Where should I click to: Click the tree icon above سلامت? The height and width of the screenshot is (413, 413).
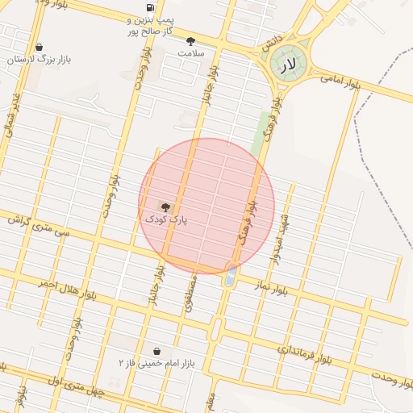[x=190, y=41]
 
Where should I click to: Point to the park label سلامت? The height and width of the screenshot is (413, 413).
[x=192, y=53]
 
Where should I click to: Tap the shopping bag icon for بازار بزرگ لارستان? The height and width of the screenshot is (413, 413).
[x=40, y=47]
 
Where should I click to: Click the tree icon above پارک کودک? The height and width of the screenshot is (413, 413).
[x=166, y=207]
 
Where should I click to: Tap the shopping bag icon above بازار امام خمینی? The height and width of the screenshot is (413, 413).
[x=156, y=352]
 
